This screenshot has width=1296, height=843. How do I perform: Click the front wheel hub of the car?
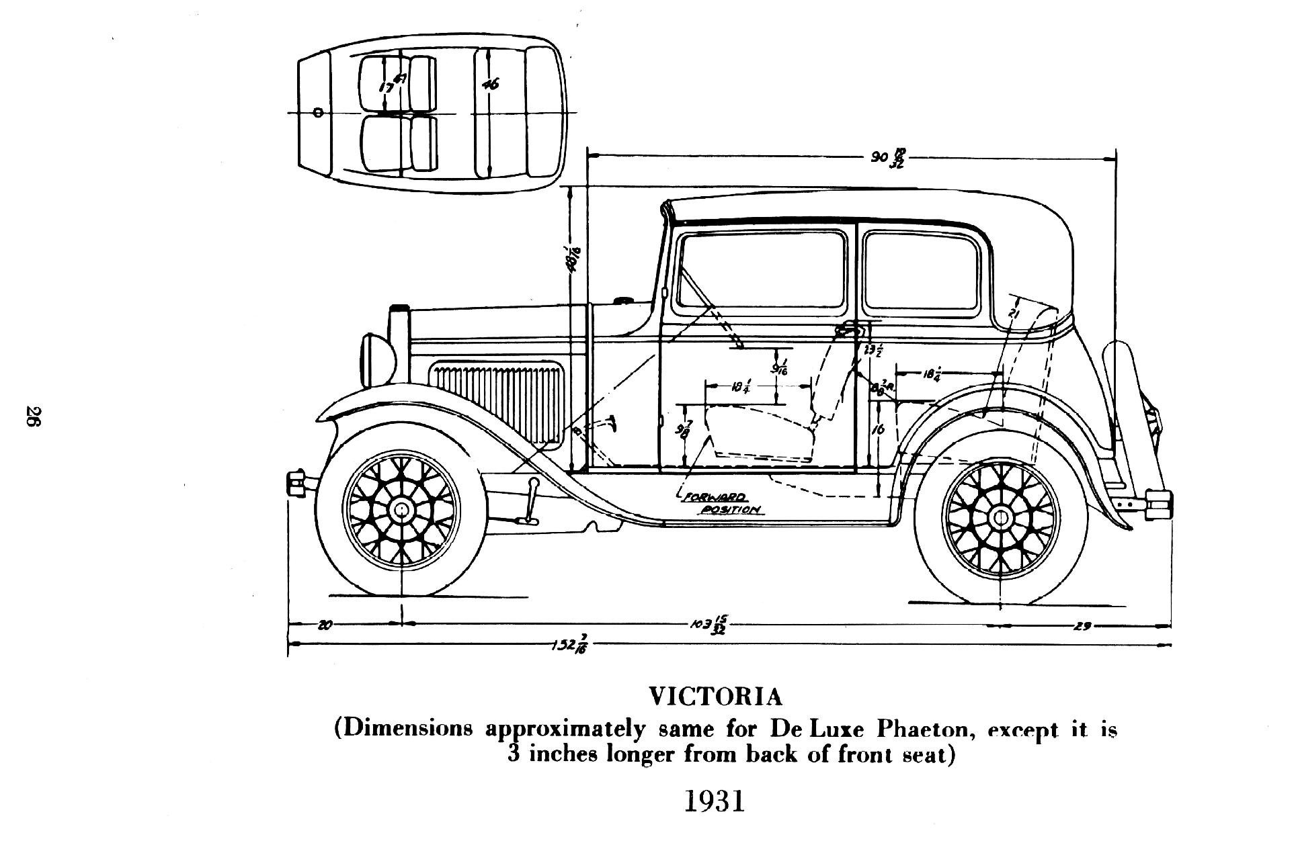point(401,510)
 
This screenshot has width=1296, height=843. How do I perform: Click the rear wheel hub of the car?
point(1000,516)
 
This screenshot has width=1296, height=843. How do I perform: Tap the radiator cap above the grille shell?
point(399,309)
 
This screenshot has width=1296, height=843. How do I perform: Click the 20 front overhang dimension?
point(324,625)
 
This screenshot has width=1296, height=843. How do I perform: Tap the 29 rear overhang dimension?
point(1082,627)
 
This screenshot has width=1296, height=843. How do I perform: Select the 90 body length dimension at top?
point(887,159)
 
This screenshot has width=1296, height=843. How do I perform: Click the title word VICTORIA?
point(715,697)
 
